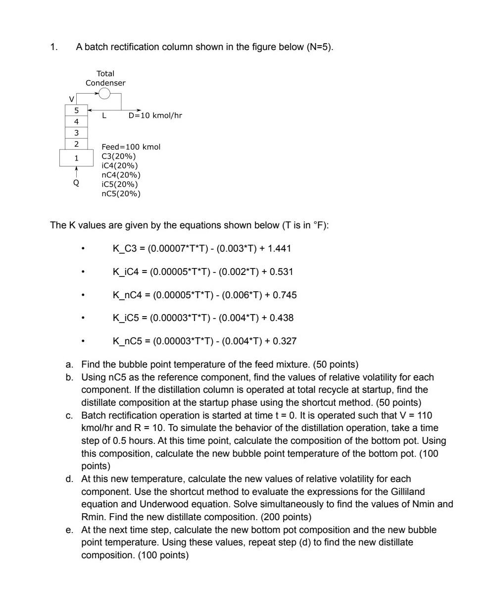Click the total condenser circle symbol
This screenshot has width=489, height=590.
pyautogui.click(x=104, y=93)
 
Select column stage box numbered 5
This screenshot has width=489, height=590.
pyautogui.click(x=77, y=110)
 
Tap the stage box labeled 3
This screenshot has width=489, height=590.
pyautogui.click(x=77, y=133)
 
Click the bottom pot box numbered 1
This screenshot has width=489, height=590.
pyautogui.click(x=76, y=158)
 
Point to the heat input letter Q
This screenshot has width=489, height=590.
pyautogui.click(x=76, y=182)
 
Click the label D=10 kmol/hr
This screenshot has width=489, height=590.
pyautogui.click(x=155, y=116)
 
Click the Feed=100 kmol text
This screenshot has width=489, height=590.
pyautogui.click(x=131, y=147)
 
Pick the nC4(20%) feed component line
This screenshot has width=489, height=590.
pyautogui.click(x=121, y=175)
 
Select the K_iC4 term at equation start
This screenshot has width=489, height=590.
pyautogui.click(x=127, y=271)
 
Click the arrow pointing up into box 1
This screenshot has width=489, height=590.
pyautogui.click(x=76, y=171)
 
